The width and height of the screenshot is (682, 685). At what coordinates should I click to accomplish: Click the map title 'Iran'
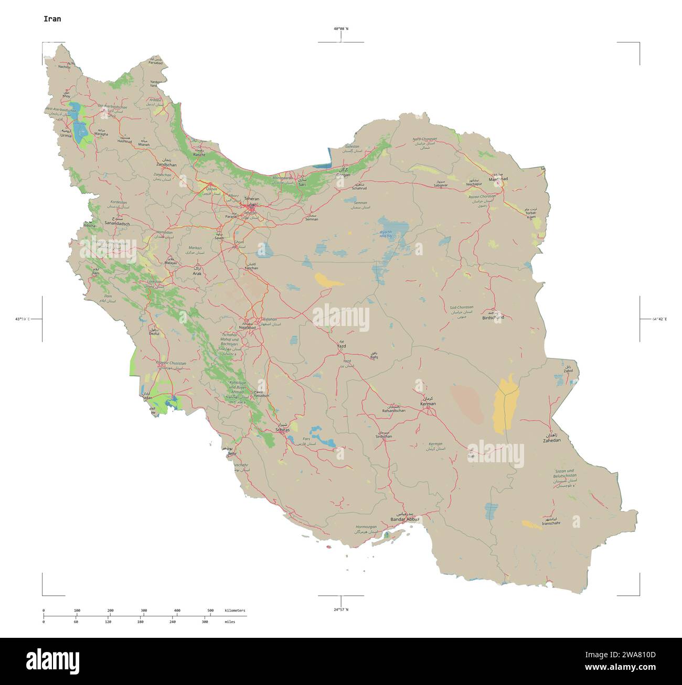click(52, 19)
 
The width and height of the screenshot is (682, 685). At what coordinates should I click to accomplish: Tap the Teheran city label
click(251, 199)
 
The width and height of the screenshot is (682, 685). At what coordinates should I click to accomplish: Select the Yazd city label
click(341, 346)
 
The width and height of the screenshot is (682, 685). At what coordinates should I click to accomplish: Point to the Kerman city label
click(428, 404)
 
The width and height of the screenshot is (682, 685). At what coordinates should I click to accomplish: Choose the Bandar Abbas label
click(404, 519)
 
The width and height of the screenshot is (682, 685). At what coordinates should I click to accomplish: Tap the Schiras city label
click(282, 430)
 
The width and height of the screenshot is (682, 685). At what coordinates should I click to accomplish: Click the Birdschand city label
click(493, 318)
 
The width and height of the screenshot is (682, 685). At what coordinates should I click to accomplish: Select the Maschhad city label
click(498, 179)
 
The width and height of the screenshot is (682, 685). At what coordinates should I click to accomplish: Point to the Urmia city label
click(66, 135)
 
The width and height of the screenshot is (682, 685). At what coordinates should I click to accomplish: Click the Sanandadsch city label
click(117, 223)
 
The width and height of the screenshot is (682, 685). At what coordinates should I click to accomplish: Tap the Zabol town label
click(568, 371)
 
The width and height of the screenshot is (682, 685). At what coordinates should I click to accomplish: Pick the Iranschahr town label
click(551, 523)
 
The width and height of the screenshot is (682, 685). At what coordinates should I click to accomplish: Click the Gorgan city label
click(343, 175)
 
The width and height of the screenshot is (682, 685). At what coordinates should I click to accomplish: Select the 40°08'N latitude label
click(340, 29)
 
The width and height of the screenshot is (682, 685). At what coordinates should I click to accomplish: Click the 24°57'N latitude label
click(340, 610)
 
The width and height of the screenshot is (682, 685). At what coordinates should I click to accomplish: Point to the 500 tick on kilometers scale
click(210, 611)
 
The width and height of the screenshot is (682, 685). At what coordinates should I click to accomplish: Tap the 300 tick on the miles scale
click(205, 622)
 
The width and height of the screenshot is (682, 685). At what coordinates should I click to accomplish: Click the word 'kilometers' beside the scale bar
click(235, 611)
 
